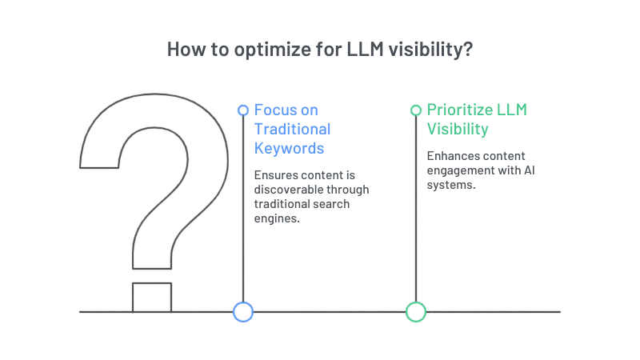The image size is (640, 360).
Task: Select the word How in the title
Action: coord(185,49)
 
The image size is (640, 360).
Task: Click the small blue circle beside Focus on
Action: coord(243,110)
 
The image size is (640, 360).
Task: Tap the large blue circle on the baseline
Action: coord(243,312)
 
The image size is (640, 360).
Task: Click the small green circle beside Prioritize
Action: coord(415,110)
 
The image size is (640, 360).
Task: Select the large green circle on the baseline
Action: coord(415,312)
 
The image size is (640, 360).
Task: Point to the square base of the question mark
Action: coord(151,297)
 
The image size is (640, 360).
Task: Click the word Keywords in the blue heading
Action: coord(289,148)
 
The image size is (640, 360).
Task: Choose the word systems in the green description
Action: coord(450,184)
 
